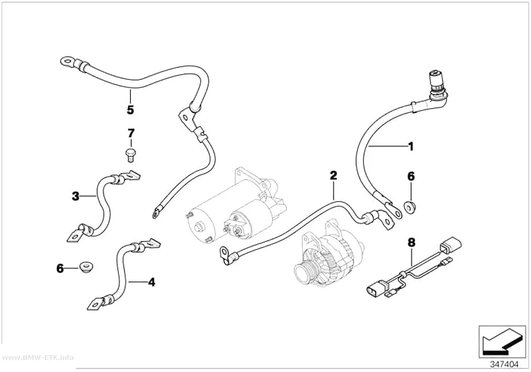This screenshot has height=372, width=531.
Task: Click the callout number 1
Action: coord(411,147)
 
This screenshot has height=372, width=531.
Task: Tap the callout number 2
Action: coord(334,176)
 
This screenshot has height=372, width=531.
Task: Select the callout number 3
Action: coord(75,196)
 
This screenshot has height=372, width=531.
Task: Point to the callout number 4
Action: coord(152,282)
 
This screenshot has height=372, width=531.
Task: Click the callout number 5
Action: coord(130,110)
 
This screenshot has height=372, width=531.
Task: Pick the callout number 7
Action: coord(131,133)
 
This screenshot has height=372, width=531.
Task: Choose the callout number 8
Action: coord(412,242)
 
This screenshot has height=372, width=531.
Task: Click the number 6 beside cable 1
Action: coord(411,176)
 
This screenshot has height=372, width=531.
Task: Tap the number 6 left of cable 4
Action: coord(60,269)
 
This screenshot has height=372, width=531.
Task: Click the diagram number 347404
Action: coord(505,364)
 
